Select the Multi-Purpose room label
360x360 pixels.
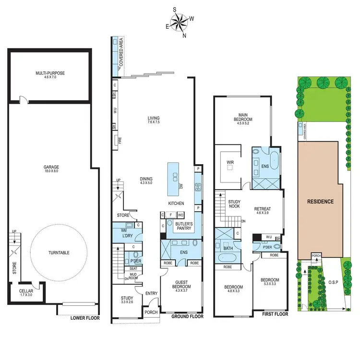pyautogui.click(x=50, y=75)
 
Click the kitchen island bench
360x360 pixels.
pyautogui.click(x=174, y=179)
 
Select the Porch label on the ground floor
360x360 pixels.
pyautogui.click(x=151, y=313)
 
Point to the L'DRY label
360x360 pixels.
pyautogui.click(x=127, y=235)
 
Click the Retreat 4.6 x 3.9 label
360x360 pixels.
pyautogui.click(x=263, y=211)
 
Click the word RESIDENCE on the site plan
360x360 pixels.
pyautogui.click(x=320, y=202)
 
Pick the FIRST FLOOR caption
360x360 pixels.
pyautogui.click(x=275, y=314)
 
